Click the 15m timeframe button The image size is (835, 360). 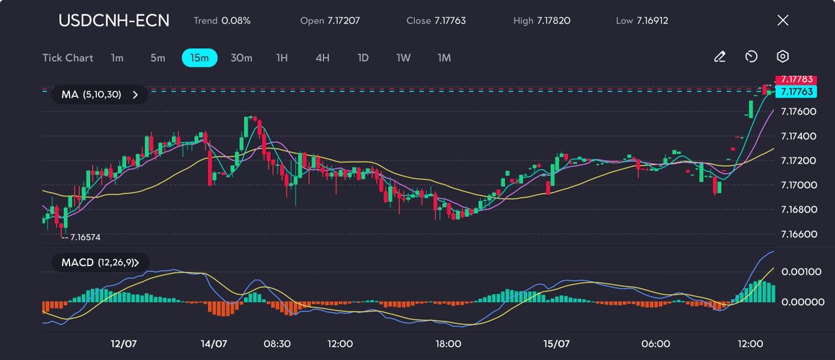coord(199,58)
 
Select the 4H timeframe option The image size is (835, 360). coord(322,58)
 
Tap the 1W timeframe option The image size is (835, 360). coord(403,58)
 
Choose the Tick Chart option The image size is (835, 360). coord(68,58)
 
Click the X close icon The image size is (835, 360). coord(783,20)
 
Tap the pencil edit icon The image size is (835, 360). coord(720,57)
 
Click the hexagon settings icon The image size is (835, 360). coord(783,57)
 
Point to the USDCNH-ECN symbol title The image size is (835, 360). coord(114,20)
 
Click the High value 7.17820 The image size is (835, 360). coord(553,21)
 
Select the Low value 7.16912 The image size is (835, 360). coord(652,21)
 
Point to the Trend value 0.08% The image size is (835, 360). coord(235,21)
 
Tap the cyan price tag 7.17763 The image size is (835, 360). coord(794,92)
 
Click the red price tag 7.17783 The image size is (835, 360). coord(794,80)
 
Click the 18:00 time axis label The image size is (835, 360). coord(449,344)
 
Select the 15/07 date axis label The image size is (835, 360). coord(557,344)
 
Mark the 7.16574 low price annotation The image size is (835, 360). coord(85,237)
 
